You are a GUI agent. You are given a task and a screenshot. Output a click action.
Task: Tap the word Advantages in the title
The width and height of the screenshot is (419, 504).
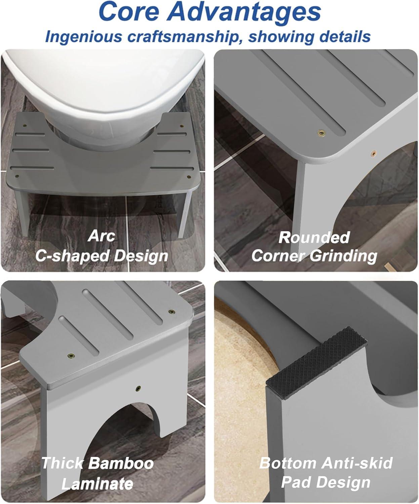pyautogui.click(x=244, y=12)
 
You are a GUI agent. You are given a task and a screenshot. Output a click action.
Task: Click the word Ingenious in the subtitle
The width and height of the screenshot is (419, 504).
pyautogui.click(x=84, y=37)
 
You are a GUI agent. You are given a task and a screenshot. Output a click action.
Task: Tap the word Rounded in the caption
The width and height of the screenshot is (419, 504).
pyautogui.click(x=314, y=238)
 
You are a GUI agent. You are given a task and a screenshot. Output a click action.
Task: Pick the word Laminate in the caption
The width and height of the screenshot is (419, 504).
pyautogui.click(x=97, y=484)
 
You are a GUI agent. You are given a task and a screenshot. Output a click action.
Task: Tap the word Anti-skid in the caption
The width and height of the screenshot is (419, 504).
pyautogui.click(x=357, y=463)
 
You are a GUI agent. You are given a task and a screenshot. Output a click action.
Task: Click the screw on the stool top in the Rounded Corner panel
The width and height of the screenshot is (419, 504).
pyautogui.click(x=321, y=132)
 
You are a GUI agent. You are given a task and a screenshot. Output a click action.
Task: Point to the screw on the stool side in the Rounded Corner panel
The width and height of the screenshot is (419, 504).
pyautogui.click(x=373, y=153)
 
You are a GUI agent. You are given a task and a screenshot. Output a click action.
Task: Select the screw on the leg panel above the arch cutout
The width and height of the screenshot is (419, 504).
pyautogui.click(x=138, y=388)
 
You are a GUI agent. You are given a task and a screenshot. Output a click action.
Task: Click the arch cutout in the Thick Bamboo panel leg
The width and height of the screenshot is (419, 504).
pyautogui.click(x=120, y=432)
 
